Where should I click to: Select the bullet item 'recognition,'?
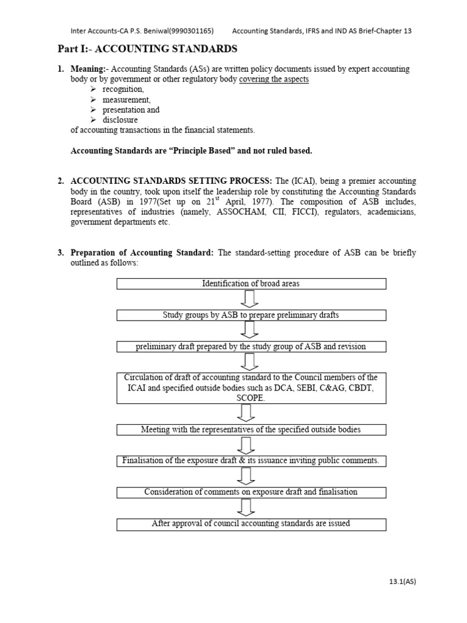(123, 89)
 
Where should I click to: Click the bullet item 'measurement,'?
(126, 100)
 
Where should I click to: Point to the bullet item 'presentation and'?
(131, 110)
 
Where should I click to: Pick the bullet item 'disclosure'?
(120, 120)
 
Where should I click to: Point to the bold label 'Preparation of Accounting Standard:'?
(142, 253)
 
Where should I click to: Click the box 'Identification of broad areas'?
(251, 284)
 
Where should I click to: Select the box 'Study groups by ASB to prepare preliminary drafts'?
(251, 315)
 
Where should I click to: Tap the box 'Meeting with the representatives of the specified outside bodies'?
(251, 430)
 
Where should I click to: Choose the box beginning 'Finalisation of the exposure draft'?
(251, 461)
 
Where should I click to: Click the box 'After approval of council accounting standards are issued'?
(251, 523)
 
